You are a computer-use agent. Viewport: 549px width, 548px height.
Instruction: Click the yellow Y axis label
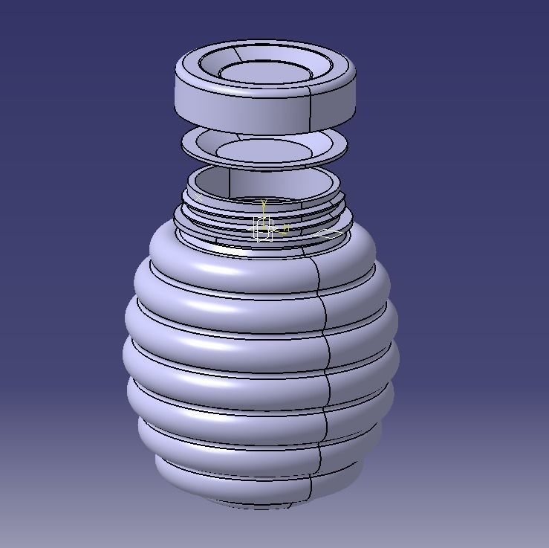[264, 202]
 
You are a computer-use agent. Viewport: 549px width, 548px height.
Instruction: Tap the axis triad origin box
[264, 228]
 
